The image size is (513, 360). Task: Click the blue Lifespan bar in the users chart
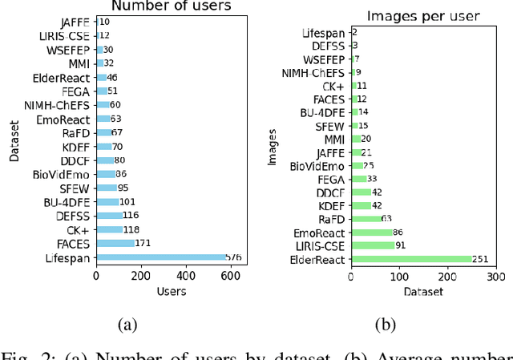160,257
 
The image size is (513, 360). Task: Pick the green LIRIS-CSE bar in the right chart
373,245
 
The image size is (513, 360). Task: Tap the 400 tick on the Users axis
186,277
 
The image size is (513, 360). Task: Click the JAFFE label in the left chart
75,22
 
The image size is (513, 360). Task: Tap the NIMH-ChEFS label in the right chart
316,71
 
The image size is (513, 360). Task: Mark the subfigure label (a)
127,324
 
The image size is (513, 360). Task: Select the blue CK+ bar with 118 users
109,229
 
